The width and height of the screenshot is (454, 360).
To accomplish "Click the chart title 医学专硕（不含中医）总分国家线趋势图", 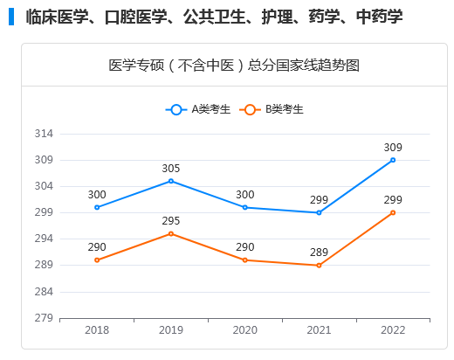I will coord(233,66).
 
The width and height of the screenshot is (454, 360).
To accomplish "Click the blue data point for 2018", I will coord(97,207).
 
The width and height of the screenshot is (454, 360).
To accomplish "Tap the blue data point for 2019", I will coord(171,181).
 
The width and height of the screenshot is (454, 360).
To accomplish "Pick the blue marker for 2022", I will coord(393,160).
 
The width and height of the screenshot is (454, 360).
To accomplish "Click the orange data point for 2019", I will coord(171,233).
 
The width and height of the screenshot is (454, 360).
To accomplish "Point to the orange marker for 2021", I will coord(319,265).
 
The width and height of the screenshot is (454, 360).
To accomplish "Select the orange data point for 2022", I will coord(393,212).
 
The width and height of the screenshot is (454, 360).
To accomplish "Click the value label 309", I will coord(393,147).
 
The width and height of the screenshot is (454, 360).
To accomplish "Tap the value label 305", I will coord(171,168).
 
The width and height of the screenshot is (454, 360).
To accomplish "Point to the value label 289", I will coord(319,252).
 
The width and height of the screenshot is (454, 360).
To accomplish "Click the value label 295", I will coord(171,220).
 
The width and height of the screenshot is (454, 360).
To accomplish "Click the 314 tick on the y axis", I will coord(45,134).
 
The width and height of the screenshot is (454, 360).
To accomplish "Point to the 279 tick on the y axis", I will coord(45,318).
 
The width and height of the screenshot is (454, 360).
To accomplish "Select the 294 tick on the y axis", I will coord(45,239).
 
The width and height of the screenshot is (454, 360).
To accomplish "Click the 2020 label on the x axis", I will coord(244,330).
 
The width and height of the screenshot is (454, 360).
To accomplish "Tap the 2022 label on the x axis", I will coord(393,330).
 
